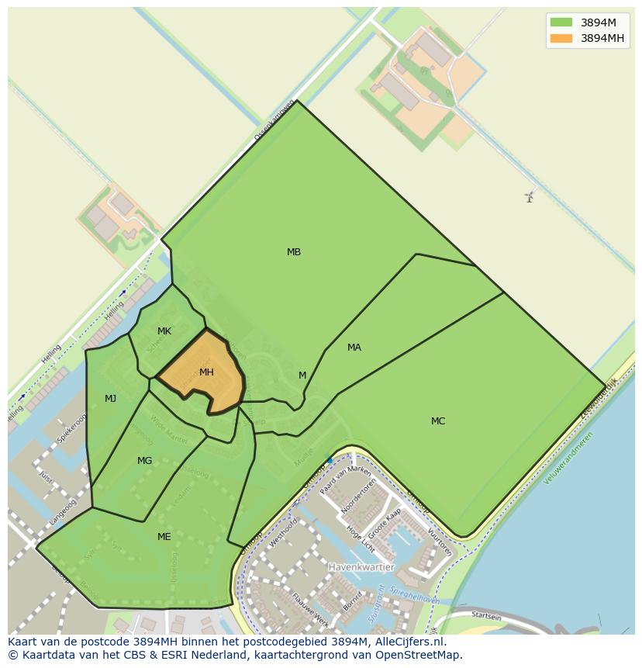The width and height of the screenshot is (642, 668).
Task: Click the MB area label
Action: coord(294,252)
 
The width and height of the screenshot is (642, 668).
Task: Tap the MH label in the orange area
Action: coord(206,372)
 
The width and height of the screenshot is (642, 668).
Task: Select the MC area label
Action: coord(438,421)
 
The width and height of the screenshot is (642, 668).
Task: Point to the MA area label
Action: coord(354,348)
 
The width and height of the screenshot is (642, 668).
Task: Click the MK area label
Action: coord(164,331)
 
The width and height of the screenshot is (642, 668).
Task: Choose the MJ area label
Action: coord(111,399)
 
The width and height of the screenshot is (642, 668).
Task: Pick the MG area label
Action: coord(145,461)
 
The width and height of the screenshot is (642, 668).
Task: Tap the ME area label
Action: coord(164,537)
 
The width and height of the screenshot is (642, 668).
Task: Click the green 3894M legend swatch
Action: coord(561,22)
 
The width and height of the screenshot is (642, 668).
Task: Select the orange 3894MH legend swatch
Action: coord(561,38)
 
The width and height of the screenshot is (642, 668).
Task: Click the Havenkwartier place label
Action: coord(361,567)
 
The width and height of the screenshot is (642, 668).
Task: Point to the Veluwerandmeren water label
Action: coord(568,458)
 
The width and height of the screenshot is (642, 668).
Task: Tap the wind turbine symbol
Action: coord(530,196)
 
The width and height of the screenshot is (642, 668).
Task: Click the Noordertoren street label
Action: coord(361,497)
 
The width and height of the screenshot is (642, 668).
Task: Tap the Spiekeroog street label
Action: coord(72,428)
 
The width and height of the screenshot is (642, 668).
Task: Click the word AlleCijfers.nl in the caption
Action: coord(405,642)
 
